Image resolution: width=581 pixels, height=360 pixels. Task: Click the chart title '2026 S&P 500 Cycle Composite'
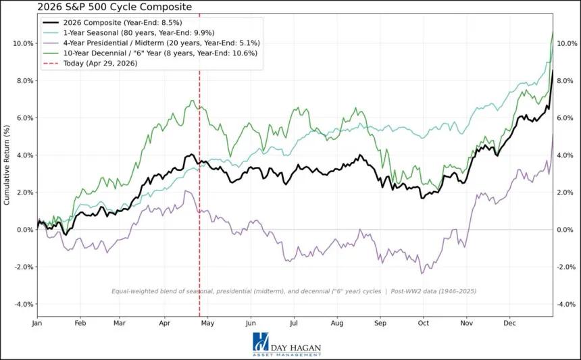[96, 7]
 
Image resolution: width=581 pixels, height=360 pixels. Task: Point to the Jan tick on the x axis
[37, 324]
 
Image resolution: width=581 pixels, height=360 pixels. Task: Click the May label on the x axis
[207, 324]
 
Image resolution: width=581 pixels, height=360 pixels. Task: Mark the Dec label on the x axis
[510, 324]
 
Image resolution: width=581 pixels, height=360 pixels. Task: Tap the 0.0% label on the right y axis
[566, 230]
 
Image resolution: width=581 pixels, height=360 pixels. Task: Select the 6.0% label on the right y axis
[566, 118]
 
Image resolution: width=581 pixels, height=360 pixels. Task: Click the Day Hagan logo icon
[260, 343]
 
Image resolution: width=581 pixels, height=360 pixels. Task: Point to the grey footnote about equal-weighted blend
[294, 291]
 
